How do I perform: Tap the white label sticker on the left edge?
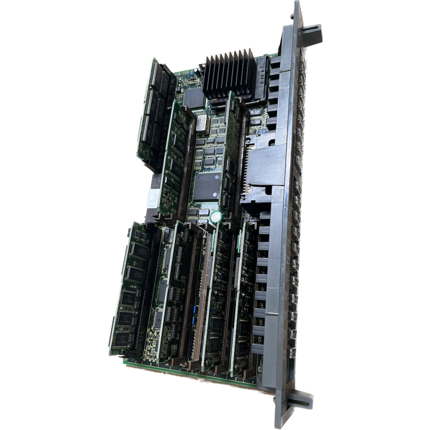pyautogui.click(x=150, y=197)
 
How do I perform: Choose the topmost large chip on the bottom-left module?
pyautogui.click(x=136, y=241)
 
